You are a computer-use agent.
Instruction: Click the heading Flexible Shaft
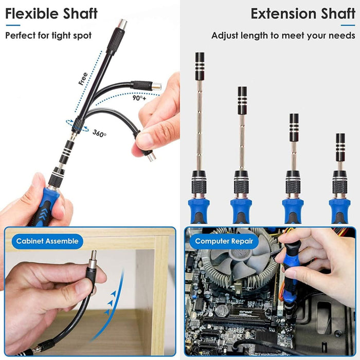click(x=51, y=13)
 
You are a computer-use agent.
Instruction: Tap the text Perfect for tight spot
click(x=48, y=35)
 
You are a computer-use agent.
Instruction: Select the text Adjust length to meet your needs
click(x=283, y=35)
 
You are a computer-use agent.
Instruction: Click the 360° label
click(x=99, y=134)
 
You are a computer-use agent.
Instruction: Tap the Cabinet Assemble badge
click(x=47, y=241)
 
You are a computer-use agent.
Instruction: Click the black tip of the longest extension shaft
click(x=200, y=65)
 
